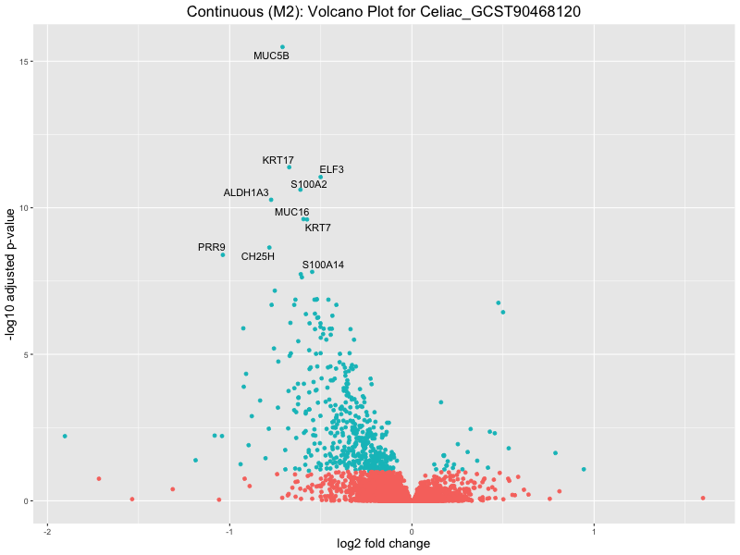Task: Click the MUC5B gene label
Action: pyautogui.click(x=271, y=55)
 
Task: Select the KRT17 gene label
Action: pyautogui.click(x=277, y=160)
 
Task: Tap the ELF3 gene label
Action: pyautogui.click(x=331, y=169)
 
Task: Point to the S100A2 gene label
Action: pyautogui.click(x=308, y=184)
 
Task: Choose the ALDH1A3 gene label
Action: pyautogui.click(x=246, y=192)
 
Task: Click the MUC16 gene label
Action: pyautogui.click(x=291, y=212)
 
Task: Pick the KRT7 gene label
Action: pyautogui.click(x=317, y=228)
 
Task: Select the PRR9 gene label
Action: pyautogui.click(x=212, y=247)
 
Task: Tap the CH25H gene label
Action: pyautogui.click(x=257, y=255)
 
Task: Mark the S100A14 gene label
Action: pyautogui.click(x=323, y=265)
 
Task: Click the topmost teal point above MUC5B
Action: pyautogui.click(x=282, y=47)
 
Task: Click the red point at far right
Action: pyautogui.click(x=703, y=498)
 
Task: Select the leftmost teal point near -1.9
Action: pyautogui.click(x=65, y=436)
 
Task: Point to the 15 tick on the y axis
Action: pyautogui.click(x=33, y=62)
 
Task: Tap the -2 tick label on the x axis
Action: pyautogui.click(x=46, y=530)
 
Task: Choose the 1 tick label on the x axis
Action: pyautogui.click(x=594, y=530)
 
